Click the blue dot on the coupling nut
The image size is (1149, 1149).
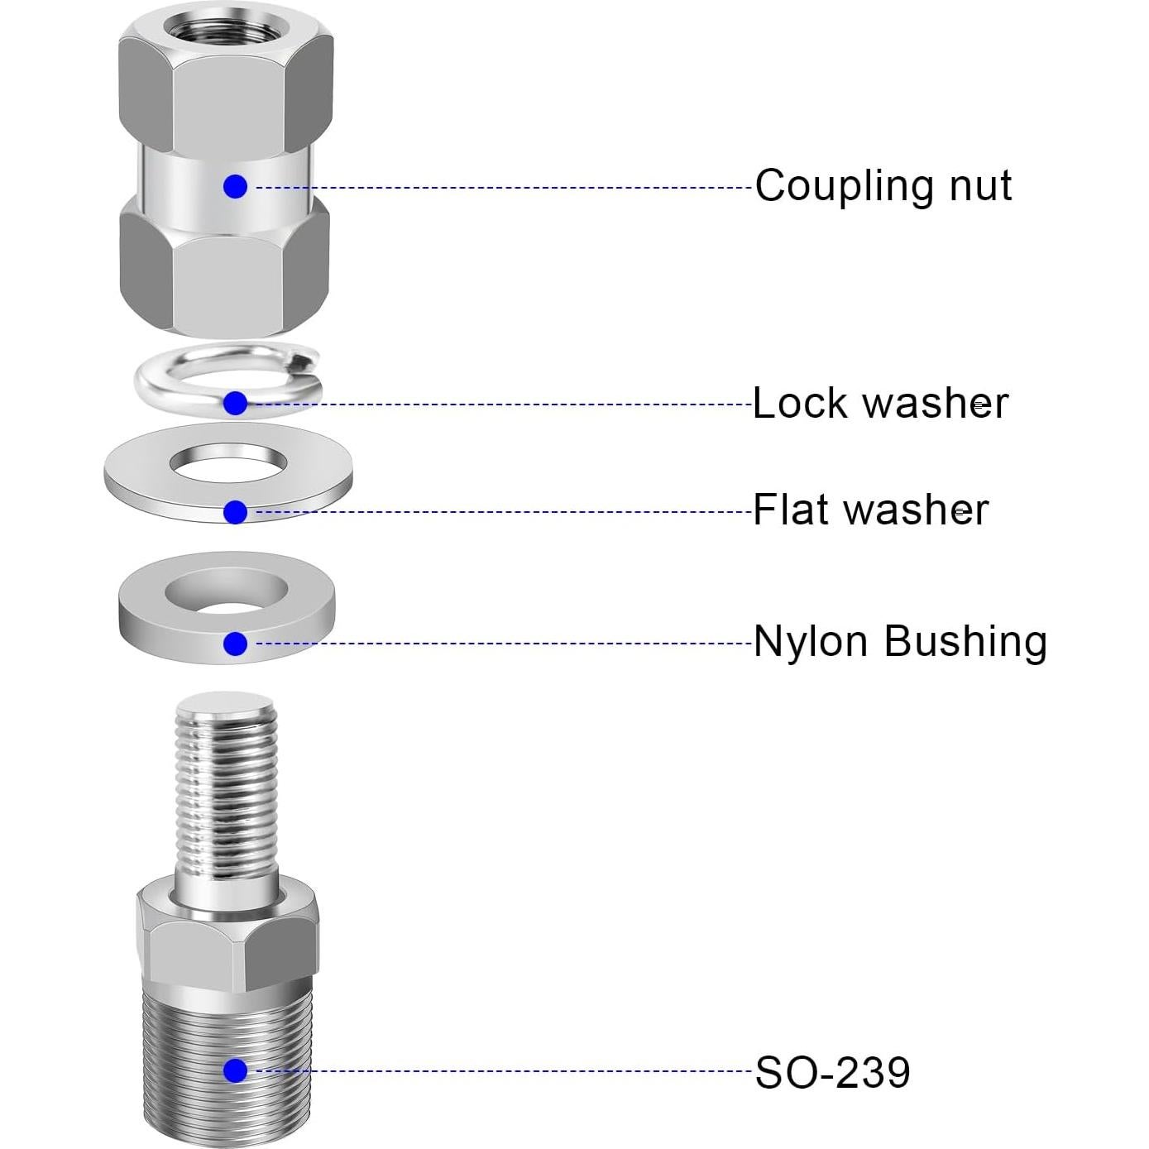(x=235, y=187)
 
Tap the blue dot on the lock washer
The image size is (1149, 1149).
(x=235, y=404)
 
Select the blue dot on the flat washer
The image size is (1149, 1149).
(x=235, y=513)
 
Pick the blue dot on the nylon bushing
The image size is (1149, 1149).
(x=235, y=644)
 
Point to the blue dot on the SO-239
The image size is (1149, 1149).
(x=235, y=1071)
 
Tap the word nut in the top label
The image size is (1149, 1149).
(x=980, y=185)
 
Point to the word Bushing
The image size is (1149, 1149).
(x=965, y=643)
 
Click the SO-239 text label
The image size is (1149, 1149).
(x=832, y=1072)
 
